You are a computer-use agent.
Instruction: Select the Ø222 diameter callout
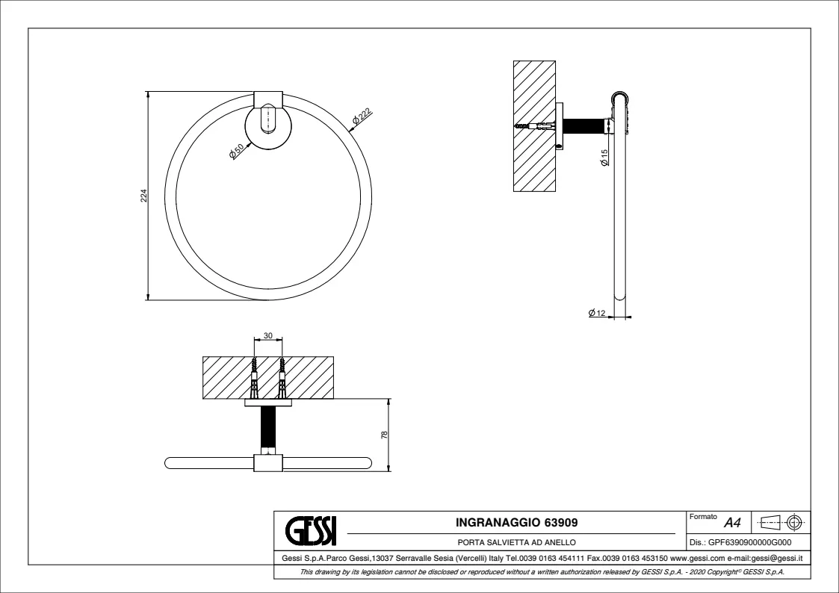362,117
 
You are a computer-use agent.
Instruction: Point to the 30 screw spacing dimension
268,337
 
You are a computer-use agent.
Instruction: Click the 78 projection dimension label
384,435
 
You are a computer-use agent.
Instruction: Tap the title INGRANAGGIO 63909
516,521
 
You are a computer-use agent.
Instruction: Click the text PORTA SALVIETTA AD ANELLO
516,542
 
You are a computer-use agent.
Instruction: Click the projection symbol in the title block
781,521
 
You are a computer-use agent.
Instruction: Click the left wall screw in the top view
255,378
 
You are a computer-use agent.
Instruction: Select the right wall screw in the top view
282,378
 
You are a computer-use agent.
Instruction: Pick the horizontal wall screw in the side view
531,127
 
